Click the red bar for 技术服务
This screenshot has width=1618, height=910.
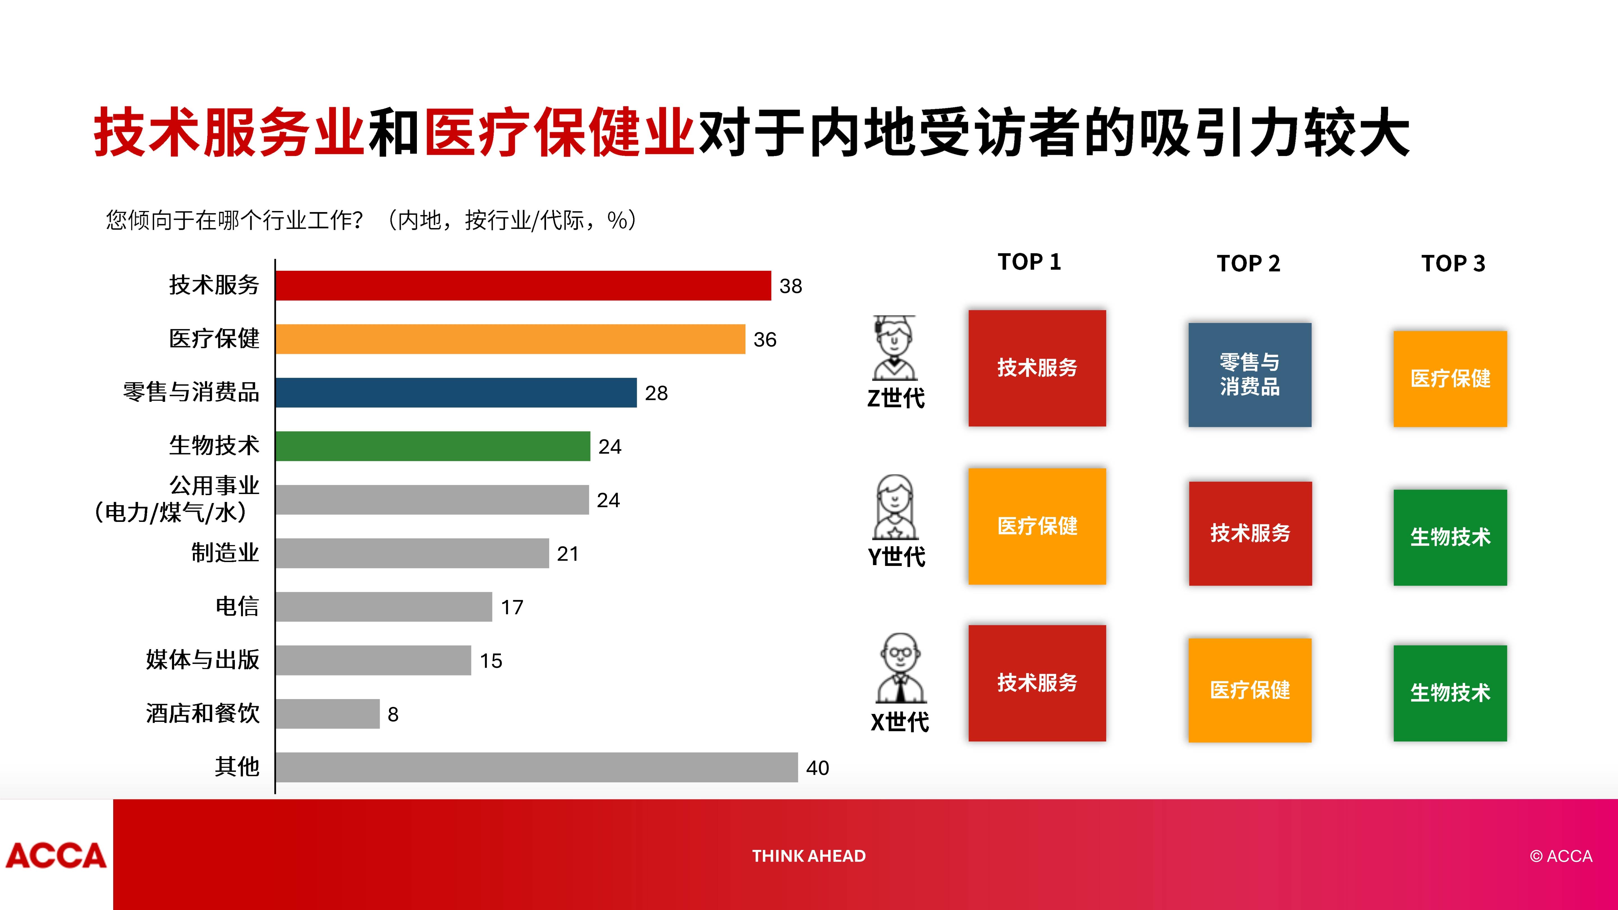coord(522,286)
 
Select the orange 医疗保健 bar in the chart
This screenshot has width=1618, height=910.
coord(510,339)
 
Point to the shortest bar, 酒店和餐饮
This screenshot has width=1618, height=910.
coord(327,713)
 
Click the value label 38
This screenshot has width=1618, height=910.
coord(790,286)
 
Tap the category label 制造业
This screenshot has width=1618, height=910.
coord(225,553)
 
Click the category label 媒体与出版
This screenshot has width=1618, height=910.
coord(202,659)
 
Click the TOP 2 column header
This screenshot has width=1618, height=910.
coord(1248,263)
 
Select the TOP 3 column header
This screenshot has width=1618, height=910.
coord(1453,263)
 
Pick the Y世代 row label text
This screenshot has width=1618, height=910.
coord(896,556)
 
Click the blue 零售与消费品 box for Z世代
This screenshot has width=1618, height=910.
coord(1249,375)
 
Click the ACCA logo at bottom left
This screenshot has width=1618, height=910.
coord(56,855)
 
